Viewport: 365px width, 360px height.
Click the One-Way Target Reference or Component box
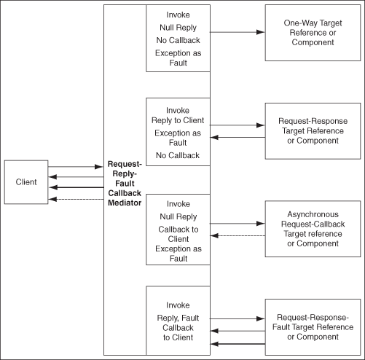(312, 33)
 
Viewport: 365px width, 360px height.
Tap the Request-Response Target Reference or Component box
(312, 130)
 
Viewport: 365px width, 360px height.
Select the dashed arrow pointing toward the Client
(75, 199)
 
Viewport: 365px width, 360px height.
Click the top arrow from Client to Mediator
(75, 167)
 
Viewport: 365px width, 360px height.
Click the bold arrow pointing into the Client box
(75, 188)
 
